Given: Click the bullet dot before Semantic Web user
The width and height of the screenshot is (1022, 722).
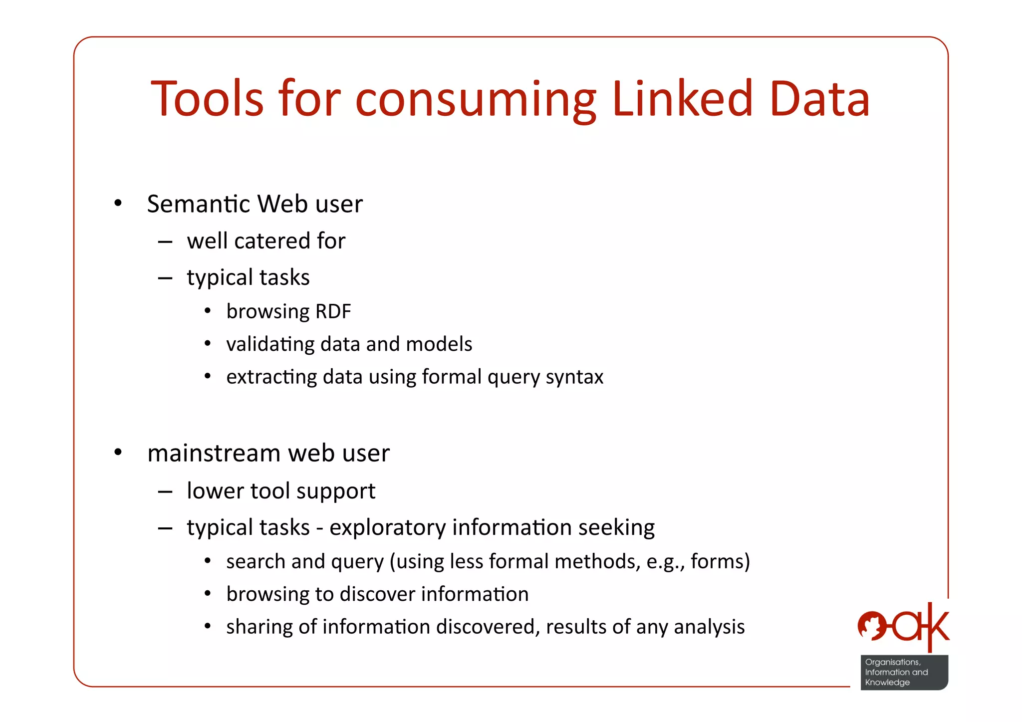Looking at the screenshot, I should [x=118, y=203].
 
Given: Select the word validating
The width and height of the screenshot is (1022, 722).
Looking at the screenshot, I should [x=270, y=344].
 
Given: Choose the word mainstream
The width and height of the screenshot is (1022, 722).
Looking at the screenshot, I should [x=214, y=454].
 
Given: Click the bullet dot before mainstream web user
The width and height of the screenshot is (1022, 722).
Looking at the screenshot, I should [x=118, y=453].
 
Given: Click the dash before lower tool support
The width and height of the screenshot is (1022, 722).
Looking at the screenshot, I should [x=165, y=491].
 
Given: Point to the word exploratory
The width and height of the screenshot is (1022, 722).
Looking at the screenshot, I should [x=388, y=527].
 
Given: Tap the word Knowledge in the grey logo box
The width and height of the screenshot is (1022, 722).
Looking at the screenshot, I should [x=887, y=682].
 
